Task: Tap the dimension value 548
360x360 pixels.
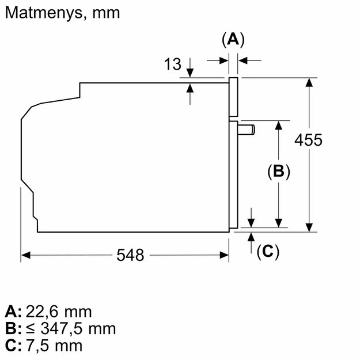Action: [130, 255]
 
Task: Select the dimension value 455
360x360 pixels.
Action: [308, 140]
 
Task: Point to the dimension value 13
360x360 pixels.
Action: [172, 64]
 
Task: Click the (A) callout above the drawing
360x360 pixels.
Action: [233, 40]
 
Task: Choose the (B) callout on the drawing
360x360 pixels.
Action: [278, 171]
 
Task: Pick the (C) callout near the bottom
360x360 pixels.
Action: [268, 252]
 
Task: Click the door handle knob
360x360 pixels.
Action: [246, 130]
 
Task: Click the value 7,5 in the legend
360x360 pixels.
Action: [38, 346]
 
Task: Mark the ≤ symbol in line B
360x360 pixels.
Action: [31, 329]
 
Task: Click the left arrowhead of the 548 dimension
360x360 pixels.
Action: [25, 255]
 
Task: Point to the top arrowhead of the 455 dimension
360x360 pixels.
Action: [309, 82]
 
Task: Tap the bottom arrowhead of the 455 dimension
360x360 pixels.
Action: [309, 228]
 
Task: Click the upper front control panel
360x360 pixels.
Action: [233, 97]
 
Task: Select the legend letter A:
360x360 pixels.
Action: [13, 312]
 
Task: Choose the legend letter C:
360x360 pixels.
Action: [13, 346]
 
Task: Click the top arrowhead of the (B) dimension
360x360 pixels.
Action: [278, 125]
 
